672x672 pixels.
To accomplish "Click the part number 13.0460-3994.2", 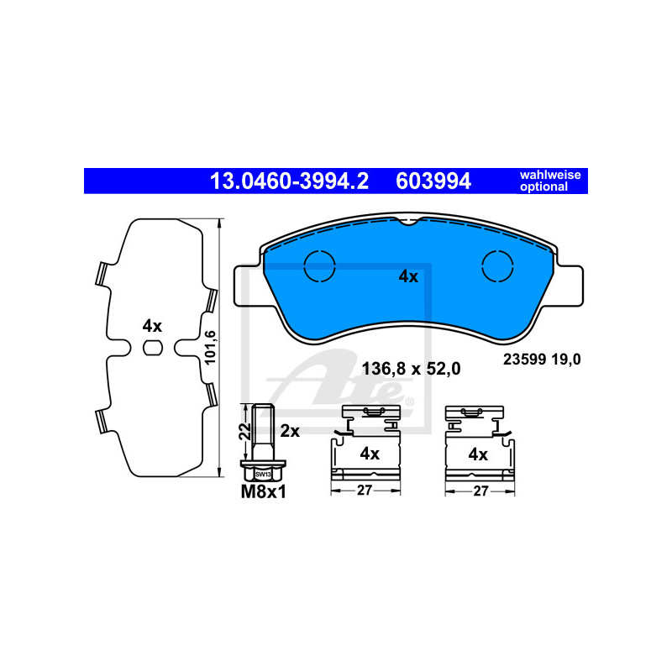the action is coord(289,181).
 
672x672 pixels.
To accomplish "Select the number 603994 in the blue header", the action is coord(433,181).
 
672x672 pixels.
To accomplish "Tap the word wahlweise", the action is coord(550,175).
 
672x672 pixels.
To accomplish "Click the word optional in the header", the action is coord(543,186).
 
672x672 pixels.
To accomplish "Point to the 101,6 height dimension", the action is coord(210,348).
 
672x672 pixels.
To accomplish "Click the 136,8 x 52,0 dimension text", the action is coord(411,369).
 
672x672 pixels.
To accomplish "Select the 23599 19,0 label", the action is coord(542,360).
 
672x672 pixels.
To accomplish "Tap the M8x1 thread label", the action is coord(263,491).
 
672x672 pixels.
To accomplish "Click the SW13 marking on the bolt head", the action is coord(263,475).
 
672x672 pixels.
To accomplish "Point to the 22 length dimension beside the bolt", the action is coord(244,431).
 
